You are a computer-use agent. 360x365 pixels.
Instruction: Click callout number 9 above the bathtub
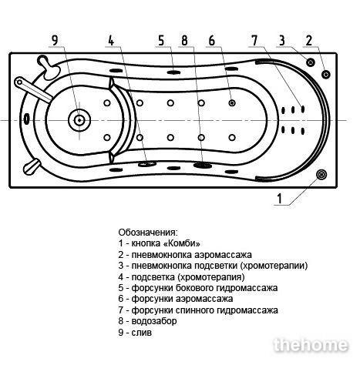pos(56,41)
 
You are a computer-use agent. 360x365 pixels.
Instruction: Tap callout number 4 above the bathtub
pos(111,41)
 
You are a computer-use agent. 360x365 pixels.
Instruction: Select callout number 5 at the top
pos(161,41)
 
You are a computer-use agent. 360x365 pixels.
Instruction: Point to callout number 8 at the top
pos(184,41)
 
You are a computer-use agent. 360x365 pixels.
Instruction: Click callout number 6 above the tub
pos(212,41)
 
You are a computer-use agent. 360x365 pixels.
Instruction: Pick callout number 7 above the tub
pos(254,41)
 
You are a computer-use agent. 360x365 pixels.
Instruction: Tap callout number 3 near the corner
pos(282,41)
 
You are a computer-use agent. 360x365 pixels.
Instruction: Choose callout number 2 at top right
pos(309,41)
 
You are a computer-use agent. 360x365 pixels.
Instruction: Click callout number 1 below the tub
pos(280,199)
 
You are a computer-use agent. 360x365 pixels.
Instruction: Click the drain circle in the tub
pos(79,120)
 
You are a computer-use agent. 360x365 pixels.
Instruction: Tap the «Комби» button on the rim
pos(321,175)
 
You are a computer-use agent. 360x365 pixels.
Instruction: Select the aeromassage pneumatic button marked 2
pos(326,75)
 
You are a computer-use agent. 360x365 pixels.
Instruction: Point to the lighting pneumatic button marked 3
pos(311,62)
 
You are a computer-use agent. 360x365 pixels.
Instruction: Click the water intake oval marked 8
pos(203,166)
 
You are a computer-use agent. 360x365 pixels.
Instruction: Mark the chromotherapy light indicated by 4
pos(147,164)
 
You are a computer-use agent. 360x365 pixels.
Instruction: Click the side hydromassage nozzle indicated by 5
pos(173,72)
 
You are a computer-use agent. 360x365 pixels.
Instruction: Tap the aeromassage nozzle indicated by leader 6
pos(232,103)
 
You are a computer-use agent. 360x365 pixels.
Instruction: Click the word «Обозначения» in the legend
pos(148,233)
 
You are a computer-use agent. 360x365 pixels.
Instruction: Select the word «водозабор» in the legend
pos(154,321)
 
